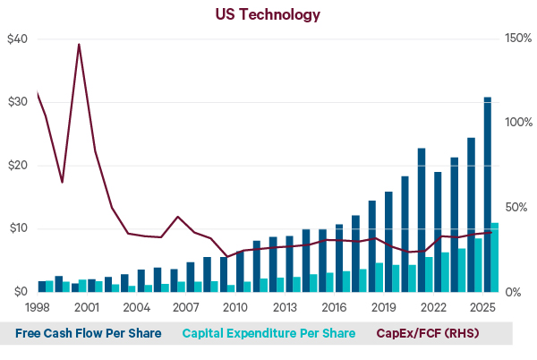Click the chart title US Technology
click(x=268, y=14)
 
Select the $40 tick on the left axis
click(x=17, y=39)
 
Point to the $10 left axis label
click(x=17, y=228)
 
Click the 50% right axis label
click(x=512, y=207)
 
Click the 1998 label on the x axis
click(x=37, y=307)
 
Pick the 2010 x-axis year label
click(x=234, y=307)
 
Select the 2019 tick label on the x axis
click(x=383, y=307)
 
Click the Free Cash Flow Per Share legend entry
click(x=89, y=333)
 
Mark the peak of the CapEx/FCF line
click(x=79, y=44)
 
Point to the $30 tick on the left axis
click(x=17, y=102)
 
